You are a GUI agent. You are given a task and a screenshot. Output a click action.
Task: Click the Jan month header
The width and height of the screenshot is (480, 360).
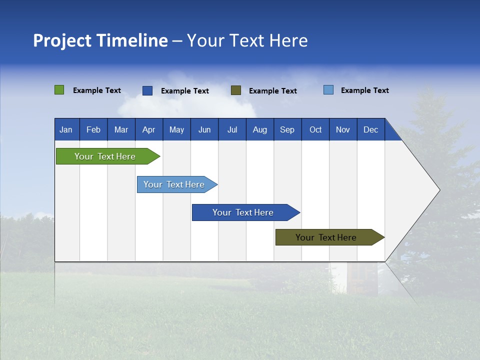66,129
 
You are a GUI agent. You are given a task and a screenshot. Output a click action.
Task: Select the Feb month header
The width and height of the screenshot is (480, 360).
93,129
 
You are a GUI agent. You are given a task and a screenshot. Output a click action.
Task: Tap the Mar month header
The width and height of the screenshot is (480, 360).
121,129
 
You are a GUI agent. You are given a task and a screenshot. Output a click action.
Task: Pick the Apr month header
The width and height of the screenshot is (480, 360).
149,129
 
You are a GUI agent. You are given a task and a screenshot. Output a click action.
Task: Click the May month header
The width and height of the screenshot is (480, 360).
176,129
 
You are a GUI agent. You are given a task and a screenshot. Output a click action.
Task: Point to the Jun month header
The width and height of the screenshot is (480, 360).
204,129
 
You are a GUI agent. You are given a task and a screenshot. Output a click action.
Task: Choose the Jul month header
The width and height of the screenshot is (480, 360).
232,129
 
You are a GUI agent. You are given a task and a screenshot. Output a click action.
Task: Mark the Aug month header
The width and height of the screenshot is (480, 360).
260,129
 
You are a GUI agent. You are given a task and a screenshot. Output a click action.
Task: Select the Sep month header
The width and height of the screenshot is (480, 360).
287,129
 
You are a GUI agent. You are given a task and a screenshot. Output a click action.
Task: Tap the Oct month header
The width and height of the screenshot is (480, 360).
315,129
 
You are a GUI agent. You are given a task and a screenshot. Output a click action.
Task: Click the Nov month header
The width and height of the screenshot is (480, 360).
343,129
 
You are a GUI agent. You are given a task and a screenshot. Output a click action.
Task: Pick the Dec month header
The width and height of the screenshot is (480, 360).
371,129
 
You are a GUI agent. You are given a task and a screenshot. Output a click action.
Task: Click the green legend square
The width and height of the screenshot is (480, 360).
59,90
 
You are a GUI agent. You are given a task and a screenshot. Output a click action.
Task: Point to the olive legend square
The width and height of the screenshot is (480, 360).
236,90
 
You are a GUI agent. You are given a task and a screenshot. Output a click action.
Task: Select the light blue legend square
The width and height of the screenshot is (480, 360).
328,90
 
